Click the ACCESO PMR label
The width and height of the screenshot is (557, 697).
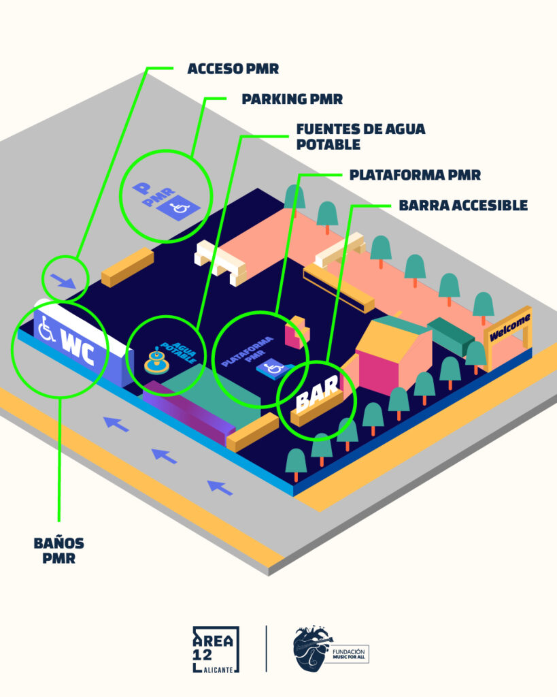tap(233, 68)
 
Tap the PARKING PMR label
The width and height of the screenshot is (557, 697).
tap(292, 99)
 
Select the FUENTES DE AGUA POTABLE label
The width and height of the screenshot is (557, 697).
tap(360, 136)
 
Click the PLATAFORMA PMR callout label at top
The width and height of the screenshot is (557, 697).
tap(415, 174)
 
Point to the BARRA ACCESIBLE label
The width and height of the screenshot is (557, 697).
tap(463, 205)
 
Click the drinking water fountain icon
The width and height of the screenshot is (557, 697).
tap(157, 360)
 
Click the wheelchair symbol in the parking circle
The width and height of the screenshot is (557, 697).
tap(180, 207)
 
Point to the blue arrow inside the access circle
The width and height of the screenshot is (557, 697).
tap(64, 280)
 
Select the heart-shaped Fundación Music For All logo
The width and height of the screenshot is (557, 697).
tap(312, 650)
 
